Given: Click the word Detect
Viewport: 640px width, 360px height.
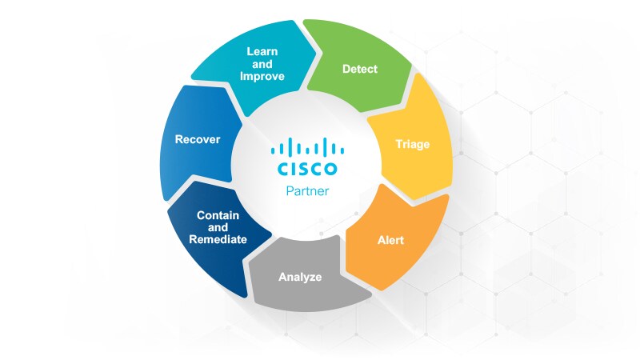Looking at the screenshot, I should pos(360,69).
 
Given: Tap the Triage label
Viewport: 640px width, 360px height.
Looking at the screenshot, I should pos(413,145).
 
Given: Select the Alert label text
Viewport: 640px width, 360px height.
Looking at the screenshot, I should pos(391,239).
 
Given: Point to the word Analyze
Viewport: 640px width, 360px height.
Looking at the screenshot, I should pos(300,278).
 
